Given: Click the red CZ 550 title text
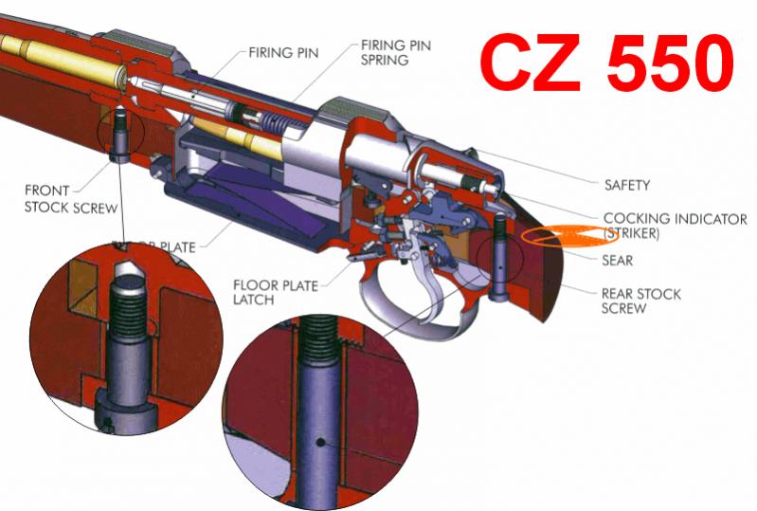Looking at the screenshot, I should tap(606, 61).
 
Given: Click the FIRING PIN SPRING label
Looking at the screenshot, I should tap(386, 53).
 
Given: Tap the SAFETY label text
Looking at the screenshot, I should tap(627, 186).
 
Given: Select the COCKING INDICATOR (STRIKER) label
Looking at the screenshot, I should tap(675, 226).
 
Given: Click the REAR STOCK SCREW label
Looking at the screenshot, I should tap(641, 301).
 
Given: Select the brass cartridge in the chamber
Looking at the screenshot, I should tap(57, 57).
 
